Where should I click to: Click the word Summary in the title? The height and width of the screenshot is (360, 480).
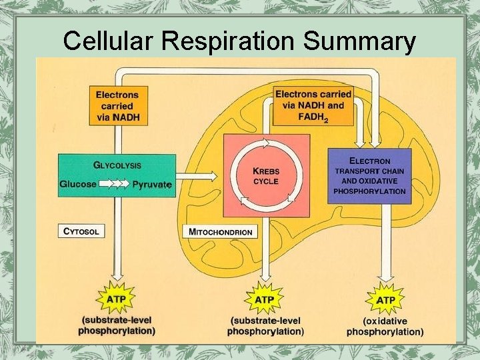pos(359,41)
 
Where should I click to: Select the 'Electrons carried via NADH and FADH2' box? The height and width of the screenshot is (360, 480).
pos(313,106)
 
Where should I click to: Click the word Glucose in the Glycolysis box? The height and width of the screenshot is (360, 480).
pos(78,184)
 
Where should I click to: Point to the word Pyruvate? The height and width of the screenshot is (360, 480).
pos(152,184)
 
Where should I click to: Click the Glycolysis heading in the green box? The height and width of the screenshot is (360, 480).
pos(117,165)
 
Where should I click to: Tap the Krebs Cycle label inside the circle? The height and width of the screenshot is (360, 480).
pos(266,176)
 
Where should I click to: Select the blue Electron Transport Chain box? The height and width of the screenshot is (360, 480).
pos(369,176)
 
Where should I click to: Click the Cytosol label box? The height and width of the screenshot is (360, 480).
pos(82,231)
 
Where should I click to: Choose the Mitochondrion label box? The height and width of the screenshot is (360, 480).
pos(221,232)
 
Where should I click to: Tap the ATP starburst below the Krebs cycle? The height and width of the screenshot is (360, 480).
pos(265,299)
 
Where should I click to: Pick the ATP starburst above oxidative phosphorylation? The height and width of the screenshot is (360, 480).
pos(385,300)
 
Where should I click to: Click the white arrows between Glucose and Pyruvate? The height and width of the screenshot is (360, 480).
pos(114,184)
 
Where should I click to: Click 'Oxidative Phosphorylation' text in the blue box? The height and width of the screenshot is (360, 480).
pos(369,186)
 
